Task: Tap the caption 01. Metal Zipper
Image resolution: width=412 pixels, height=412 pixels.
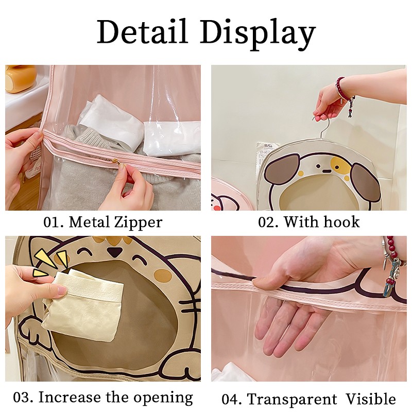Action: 103,222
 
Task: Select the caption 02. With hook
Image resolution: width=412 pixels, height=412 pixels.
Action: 308,222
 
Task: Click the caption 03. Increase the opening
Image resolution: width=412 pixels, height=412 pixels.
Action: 103,397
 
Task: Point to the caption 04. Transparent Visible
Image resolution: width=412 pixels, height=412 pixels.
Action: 308,399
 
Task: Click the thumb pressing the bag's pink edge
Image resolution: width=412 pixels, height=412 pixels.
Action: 268,281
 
